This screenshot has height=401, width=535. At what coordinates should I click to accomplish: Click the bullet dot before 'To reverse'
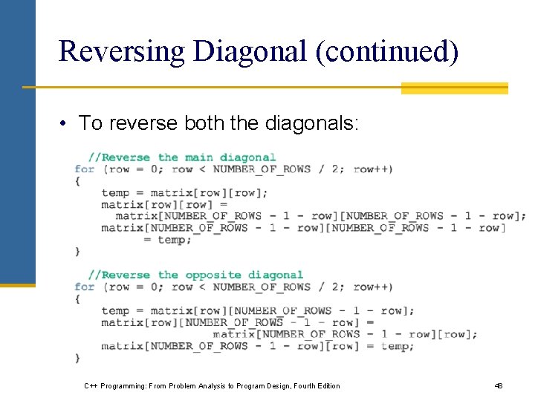[65, 123]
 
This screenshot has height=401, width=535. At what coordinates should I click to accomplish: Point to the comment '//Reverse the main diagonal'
[182, 157]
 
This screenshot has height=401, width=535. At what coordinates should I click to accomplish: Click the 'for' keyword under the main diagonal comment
[85, 169]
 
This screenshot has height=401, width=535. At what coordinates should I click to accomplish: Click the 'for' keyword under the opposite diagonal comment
[85, 287]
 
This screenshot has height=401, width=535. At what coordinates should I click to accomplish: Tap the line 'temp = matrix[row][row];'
[184, 193]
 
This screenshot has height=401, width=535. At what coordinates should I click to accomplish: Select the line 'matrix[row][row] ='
[164, 205]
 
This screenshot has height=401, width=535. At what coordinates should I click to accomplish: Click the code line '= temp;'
[168, 240]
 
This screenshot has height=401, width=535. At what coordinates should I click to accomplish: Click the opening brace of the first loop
[77, 181]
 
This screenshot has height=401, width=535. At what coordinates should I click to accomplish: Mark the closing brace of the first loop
[77, 252]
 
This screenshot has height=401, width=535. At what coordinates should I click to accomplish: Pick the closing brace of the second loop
[77, 358]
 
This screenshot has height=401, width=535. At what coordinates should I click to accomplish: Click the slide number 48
[499, 386]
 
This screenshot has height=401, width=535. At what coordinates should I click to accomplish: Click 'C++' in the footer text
[91, 386]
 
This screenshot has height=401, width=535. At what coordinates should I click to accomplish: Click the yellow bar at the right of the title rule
[454, 88]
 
